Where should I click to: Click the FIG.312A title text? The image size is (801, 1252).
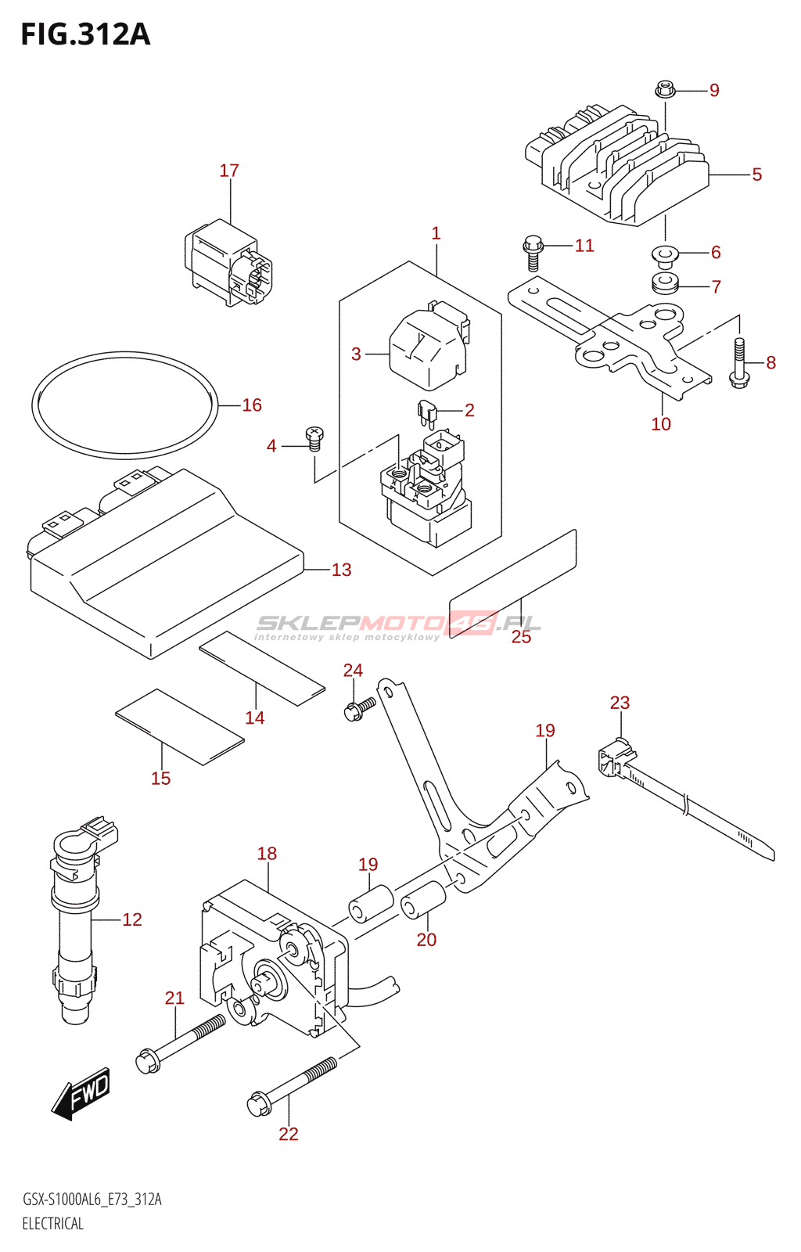[84, 34]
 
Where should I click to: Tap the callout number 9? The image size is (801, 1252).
[714, 91]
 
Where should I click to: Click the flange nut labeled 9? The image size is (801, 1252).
[665, 90]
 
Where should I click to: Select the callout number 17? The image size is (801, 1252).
[229, 171]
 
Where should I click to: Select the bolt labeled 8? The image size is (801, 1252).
[739, 364]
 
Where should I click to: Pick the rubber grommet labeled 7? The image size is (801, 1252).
[665, 283]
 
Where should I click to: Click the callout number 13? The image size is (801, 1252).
[341, 570]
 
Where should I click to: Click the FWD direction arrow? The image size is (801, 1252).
[82, 1092]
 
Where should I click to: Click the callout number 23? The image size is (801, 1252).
[620, 703]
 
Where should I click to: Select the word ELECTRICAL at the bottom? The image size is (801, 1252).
[52, 1224]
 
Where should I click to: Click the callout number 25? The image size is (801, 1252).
[521, 637]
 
